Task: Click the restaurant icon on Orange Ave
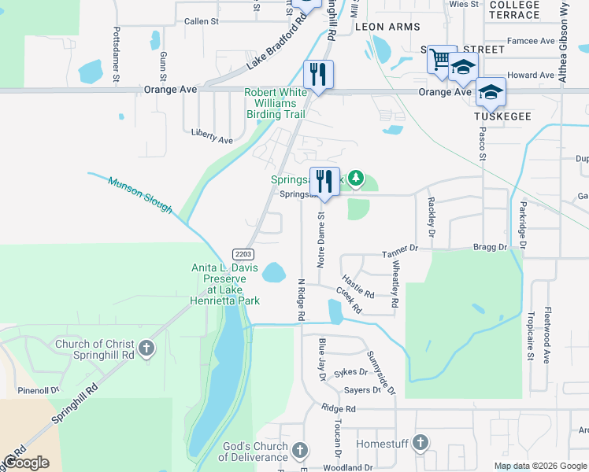click(318, 76)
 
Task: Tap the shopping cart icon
click(442, 59)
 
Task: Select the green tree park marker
click(356, 180)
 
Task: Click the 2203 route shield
click(243, 253)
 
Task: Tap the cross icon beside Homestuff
click(420, 444)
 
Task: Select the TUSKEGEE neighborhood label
click(503, 116)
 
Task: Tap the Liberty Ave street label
click(213, 135)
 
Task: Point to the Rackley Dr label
click(431, 216)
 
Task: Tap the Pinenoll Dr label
click(34, 390)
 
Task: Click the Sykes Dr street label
click(350, 372)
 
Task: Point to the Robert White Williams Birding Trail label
click(275, 103)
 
